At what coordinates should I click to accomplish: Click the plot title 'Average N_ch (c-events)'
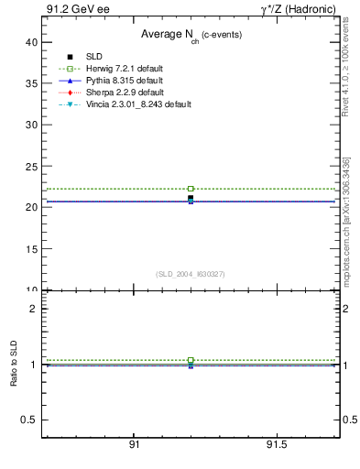[x=191, y=35]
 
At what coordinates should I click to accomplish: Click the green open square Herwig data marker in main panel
[x=191, y=189]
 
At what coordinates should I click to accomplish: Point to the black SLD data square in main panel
[x=191, y=198]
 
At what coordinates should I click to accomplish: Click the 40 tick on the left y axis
[x=31, y=42]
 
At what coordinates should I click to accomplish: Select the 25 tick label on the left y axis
[x=31, y=166]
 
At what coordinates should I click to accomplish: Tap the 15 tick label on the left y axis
[x=31, y=248]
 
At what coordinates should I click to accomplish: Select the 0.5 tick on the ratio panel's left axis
[x=30, y=420]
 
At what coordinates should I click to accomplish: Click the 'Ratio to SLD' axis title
[x=13, y=376]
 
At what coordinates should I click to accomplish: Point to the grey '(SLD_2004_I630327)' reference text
[x=191, y=274]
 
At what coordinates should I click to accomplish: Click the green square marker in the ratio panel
[x=191, y=360]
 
